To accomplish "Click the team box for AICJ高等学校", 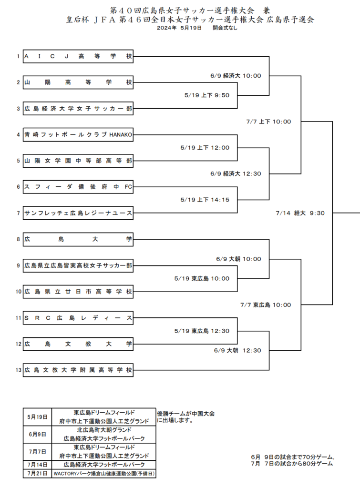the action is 78,56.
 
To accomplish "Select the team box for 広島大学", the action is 78,239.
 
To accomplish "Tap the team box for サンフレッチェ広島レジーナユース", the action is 78,213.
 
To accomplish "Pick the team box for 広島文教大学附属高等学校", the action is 78,370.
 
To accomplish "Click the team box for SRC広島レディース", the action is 78,318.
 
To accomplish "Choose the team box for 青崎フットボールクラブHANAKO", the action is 78,135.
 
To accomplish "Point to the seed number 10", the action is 19,292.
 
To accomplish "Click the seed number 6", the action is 19,187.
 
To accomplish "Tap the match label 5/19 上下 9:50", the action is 207,95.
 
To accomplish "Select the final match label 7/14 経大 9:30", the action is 300,213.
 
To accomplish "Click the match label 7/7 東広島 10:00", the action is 266,305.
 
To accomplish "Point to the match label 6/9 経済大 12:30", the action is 236,173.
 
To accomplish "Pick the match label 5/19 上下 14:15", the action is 205,200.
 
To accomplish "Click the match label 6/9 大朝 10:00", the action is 238,259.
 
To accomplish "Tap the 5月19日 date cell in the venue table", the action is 37,417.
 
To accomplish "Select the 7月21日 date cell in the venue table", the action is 37,473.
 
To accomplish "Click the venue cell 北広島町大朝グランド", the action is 104,430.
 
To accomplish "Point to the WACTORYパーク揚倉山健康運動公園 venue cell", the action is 104,473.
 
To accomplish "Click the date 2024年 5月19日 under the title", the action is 179,28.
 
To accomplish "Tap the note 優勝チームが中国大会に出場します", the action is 186,417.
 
